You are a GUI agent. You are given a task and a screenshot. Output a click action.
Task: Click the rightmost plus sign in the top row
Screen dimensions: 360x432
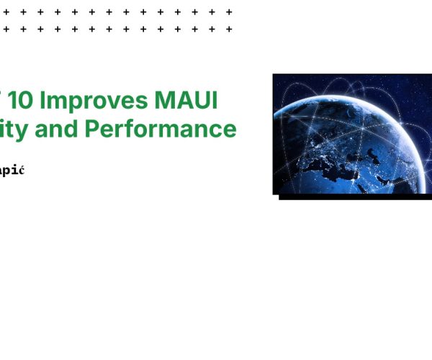[229, 12]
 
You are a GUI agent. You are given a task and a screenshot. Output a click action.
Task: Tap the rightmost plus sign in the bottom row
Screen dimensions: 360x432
[229, 30]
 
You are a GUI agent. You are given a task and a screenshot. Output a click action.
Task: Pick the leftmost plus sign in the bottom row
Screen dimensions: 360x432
[6, 30]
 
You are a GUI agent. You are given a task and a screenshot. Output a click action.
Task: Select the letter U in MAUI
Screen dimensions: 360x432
[202, 101]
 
